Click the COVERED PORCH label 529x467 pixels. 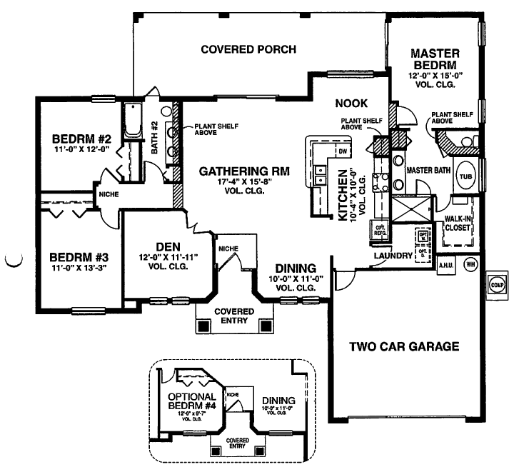[x=248, y=49]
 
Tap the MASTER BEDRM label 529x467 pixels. [x=435, y=60]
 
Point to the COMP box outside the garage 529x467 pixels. [x=498, y=282]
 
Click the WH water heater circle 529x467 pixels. [x=470, y=264]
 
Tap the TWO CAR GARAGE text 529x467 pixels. [x=403, y=348]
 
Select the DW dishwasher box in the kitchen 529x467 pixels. [x=342, y=151]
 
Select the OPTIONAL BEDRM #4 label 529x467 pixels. [x=192, y=401]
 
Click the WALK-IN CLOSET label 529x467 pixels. [x=458, y=223]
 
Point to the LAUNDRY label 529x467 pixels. [x=393, y=255]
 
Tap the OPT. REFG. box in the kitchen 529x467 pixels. [x=378, y=229]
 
